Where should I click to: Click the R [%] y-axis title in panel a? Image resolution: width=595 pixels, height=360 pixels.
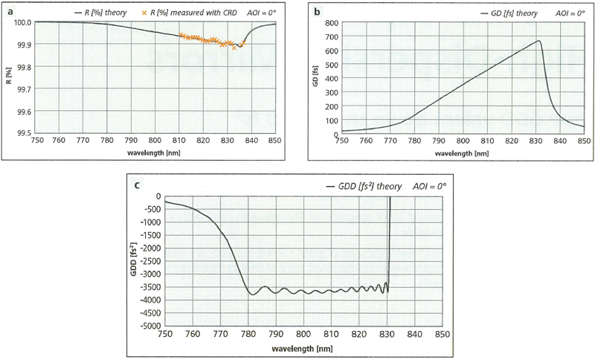coord(9,77)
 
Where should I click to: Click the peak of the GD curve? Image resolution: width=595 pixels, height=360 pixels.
coord(538,41)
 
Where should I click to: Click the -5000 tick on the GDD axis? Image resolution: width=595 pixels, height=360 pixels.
coord(152,326)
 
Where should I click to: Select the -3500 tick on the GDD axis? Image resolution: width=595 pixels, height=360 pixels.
coord(152,287)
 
